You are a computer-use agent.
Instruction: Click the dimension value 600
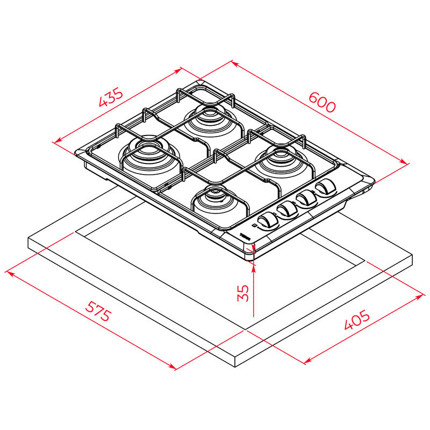coord(322,102)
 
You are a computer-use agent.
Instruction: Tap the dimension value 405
coord(357,321)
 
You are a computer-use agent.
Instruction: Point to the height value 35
coord(243,292)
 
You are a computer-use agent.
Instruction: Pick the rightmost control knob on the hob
coord(325,188)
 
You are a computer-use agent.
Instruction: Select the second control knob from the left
coord(287,210)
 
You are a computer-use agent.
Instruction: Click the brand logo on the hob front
coord(246,235)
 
